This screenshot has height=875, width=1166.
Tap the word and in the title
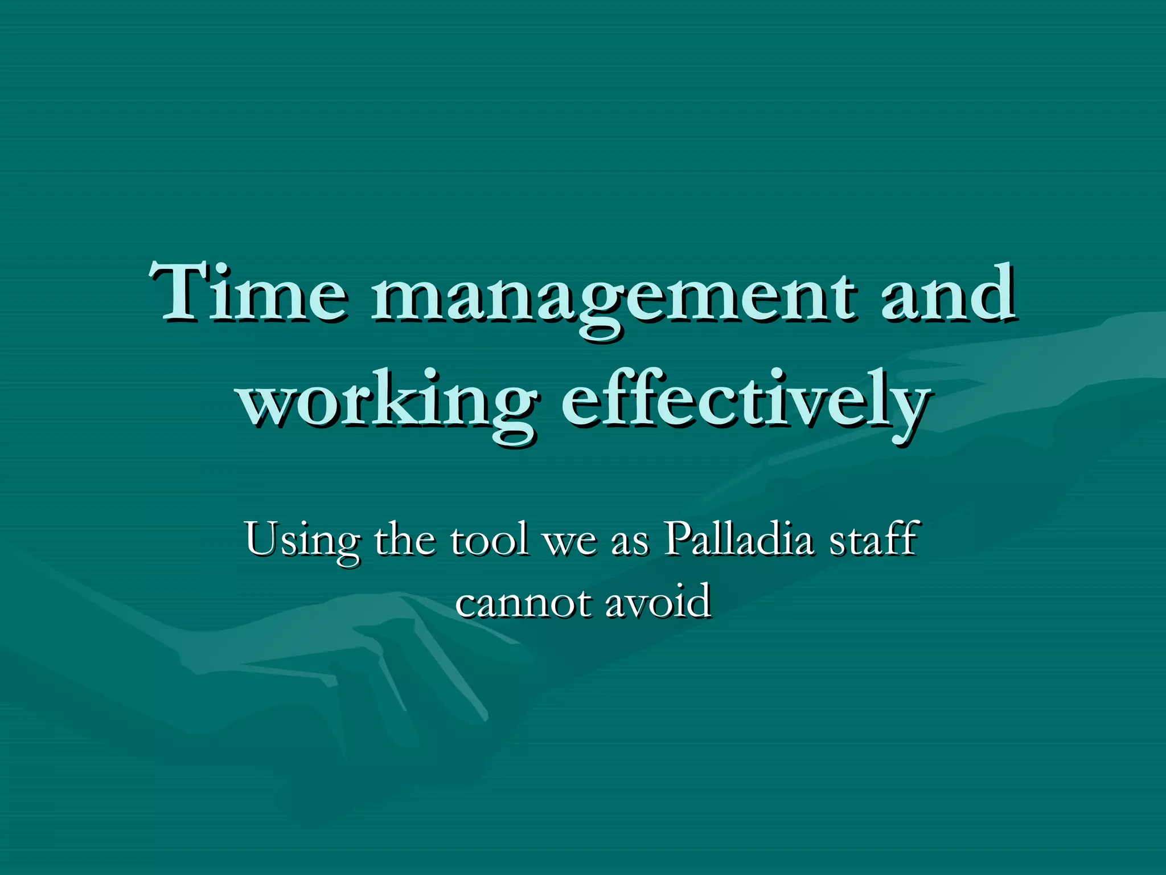pos(947,293)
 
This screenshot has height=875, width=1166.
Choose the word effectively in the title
pos(746,402)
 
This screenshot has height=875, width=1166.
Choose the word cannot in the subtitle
pos(522,603)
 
